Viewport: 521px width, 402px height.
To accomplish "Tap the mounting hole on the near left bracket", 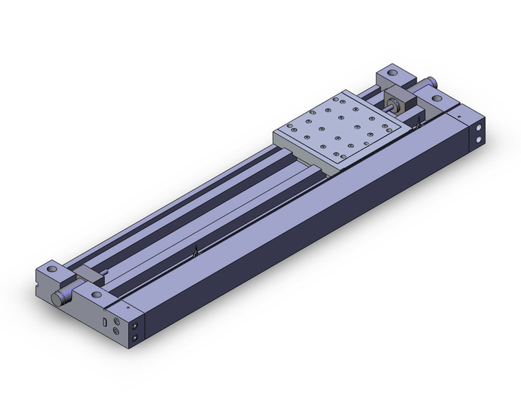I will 52,268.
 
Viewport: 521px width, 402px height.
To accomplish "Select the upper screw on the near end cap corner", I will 135,327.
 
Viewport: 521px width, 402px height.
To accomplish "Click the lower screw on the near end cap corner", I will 135,338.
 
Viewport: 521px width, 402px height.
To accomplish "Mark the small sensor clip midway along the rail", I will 196,253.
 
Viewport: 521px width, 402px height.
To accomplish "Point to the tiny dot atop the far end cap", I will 457,117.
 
